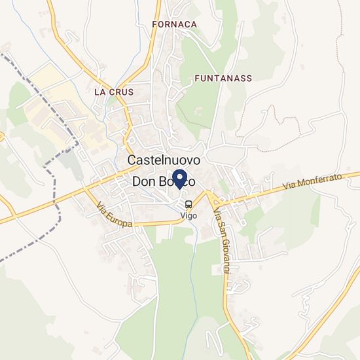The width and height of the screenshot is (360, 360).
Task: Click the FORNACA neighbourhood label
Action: (x=174, y=24)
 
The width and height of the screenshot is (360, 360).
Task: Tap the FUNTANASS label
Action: (x=223, y=78)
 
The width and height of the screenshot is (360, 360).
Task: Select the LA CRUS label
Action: (x=114, y=92)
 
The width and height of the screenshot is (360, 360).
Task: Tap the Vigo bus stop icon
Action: (x=189, y=204)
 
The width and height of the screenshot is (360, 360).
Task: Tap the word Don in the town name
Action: (x=145, y=182)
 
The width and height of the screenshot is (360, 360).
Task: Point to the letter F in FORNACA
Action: (x=154, y=24)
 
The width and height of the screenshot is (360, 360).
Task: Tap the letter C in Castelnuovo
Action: (x=132, y=160)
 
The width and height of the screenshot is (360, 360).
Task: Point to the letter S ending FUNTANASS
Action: (x=249, y=78)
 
